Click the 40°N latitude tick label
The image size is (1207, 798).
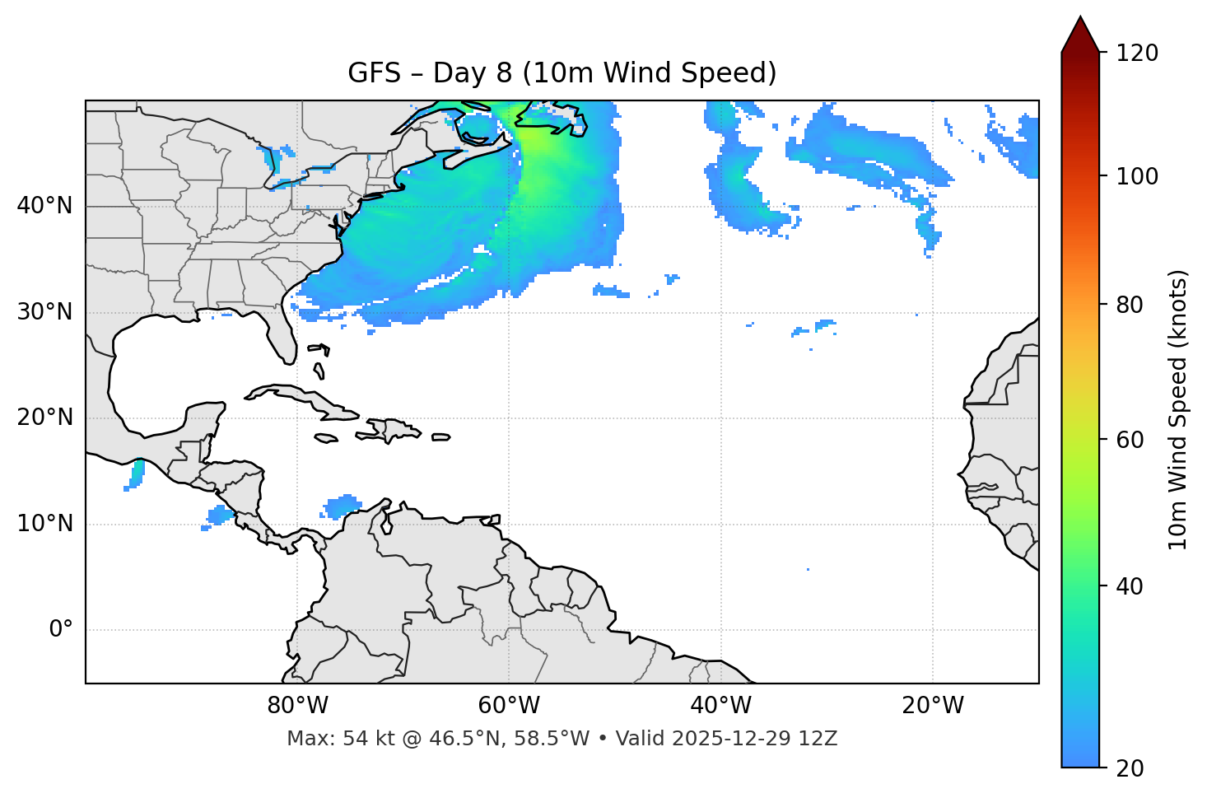pyautogui.click(x=44, y=206)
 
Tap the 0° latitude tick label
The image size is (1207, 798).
pyautogui.click(x=60, y=630)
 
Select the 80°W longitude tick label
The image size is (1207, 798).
pyautogui.click(x=297, y=706)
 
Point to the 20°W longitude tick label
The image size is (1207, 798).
pyautogui.click(x=933, y=706)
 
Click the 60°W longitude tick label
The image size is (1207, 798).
pyautogui.click(x=509, y=706)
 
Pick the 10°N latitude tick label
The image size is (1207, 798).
pyautogui.click(x=44, y=524)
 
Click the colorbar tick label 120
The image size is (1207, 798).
pyautogui.click(x=1137, y=54)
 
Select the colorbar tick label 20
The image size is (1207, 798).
pyautogui.click(x=1130, y=768)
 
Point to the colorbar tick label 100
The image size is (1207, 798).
pyautogui.click(x=1137, y=176)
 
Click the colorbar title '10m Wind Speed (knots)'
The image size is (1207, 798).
pyautogui.click(x=1178, y=410)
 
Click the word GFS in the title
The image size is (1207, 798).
pyautogui.click(x=375, y=73)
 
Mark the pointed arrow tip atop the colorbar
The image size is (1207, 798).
pyautogui.click(x=1080, y=18)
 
